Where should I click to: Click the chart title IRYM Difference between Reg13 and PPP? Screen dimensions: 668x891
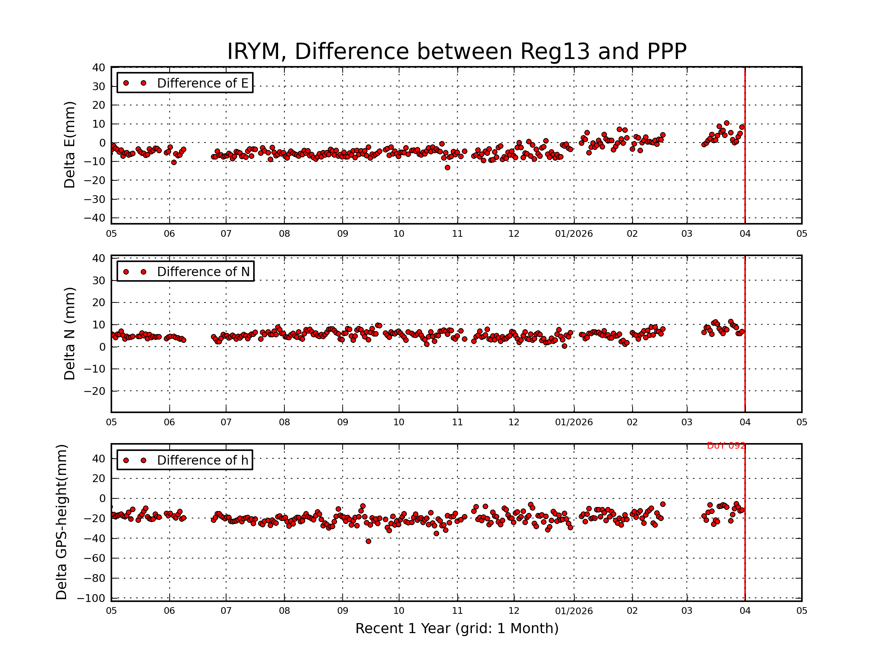point(456,52)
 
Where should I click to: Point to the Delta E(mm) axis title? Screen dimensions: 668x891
point(70,145)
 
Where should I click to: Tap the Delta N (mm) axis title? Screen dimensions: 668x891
point(70,333)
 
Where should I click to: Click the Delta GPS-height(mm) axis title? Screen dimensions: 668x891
point(62,522)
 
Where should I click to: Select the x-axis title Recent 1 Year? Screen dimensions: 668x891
point(456,629)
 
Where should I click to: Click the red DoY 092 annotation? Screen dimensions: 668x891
point(726,446)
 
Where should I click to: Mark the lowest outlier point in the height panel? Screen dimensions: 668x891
point(368,541)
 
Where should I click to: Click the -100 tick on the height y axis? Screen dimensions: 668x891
point(91,598)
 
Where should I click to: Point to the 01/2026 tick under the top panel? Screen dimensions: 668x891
point(574,234)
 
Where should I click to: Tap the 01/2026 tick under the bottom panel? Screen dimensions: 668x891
point(574,611)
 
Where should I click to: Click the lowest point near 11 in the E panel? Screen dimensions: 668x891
point(447,167)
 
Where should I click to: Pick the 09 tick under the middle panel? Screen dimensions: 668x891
point(342,422)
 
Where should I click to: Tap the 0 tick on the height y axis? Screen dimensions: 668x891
point(102,498)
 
